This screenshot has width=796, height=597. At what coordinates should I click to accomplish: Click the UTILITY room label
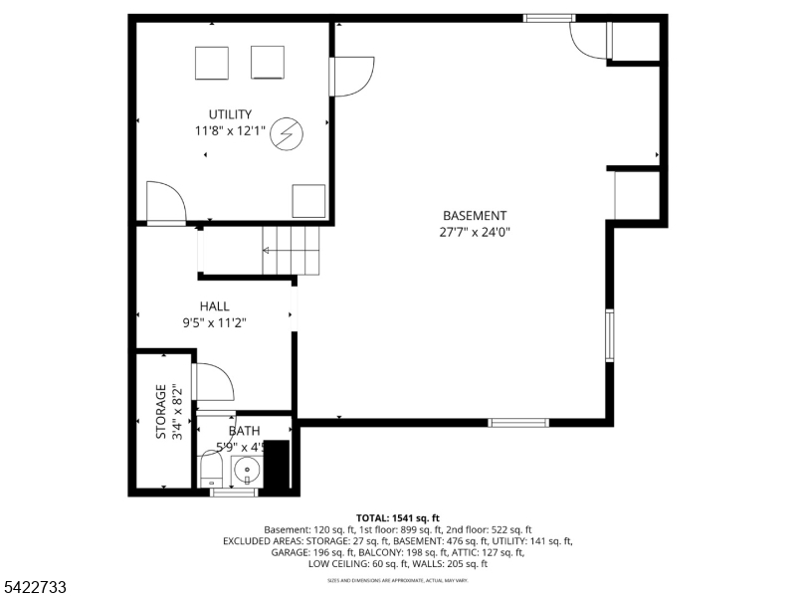coord(230,114)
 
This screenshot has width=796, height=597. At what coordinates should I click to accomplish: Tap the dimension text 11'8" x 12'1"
coord(230,130)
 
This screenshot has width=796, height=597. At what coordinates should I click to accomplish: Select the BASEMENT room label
coord(475,216)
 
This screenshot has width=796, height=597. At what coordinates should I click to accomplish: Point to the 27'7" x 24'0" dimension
coord(475,232)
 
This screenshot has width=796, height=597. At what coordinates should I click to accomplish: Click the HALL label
coord(214,306)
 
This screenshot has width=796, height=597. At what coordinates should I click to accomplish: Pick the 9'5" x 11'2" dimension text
coord(214,322)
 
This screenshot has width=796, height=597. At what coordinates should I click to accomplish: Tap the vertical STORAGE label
coord(161,412)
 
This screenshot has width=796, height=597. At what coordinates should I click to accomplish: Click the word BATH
coord(245,431)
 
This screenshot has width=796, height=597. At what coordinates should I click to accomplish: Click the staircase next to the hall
coord(293,250)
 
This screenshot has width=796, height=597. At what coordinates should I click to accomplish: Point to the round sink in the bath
coord(247,469)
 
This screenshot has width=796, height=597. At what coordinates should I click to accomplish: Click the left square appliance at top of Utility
coord(212,63)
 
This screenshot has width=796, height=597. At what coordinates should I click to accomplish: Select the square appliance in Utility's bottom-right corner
coord(308,200)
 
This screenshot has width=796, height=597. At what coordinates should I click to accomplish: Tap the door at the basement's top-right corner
coord(587,40)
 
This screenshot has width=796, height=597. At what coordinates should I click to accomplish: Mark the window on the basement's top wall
coord(549,18)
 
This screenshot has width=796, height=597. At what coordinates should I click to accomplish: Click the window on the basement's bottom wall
coord(517,423)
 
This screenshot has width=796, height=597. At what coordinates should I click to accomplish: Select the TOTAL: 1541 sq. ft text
coord(398,518)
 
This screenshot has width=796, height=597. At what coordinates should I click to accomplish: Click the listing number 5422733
coord(34,588)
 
